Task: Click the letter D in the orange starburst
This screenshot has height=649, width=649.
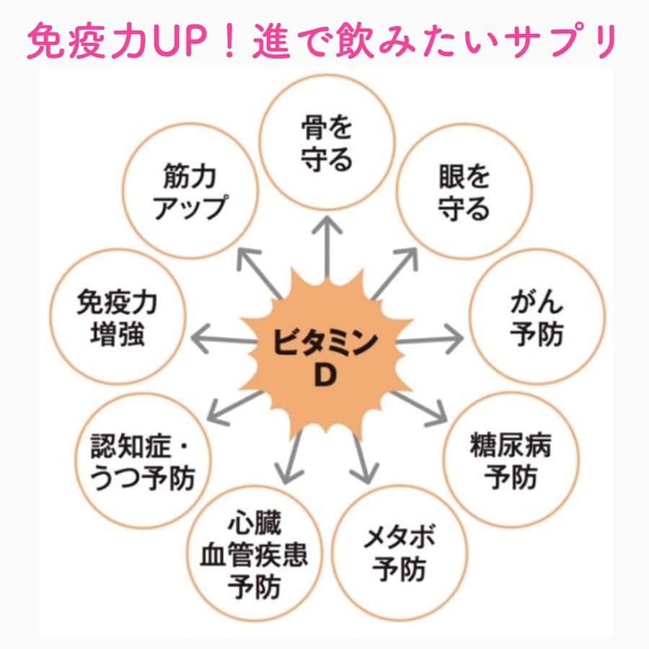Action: pyautogui.click(x=325, y=376)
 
